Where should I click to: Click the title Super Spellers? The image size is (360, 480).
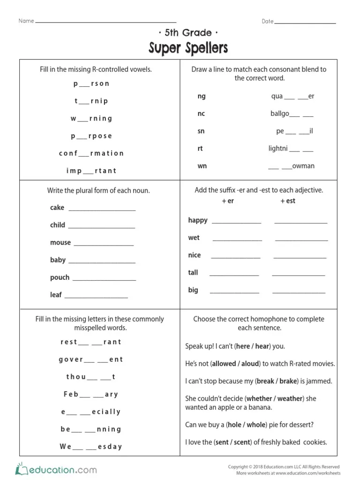[188, 48]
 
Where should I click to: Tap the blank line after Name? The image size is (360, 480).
[106, 22]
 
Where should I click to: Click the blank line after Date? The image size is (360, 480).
[305, 22]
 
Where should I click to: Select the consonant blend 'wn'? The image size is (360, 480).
[202, 166]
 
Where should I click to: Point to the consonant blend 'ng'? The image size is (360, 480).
[202, 96]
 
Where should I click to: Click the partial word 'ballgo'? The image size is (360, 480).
[279, 114]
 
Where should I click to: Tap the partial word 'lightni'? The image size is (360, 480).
[278, 149]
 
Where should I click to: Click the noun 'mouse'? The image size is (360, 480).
[60, 242]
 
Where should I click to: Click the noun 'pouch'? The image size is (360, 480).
[60, 277]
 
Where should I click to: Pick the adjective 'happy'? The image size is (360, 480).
[198, 220]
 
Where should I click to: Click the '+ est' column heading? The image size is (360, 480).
[288, 201]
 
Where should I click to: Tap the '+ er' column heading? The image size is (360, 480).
[228, 201]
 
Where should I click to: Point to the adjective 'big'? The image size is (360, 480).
[193, 290]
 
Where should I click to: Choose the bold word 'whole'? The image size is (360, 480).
[256, 425]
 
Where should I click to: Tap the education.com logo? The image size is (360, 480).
[56, 469]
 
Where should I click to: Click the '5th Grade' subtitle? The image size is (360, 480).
[188, 33]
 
